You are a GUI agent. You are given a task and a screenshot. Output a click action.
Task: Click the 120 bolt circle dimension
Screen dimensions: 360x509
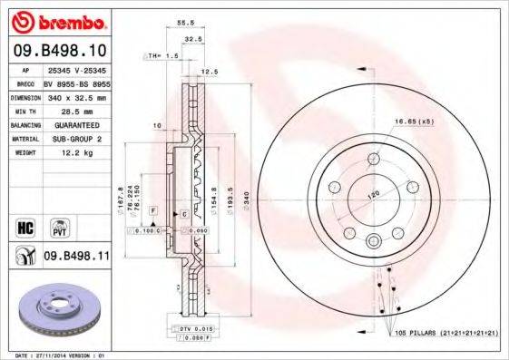pos(370,195)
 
